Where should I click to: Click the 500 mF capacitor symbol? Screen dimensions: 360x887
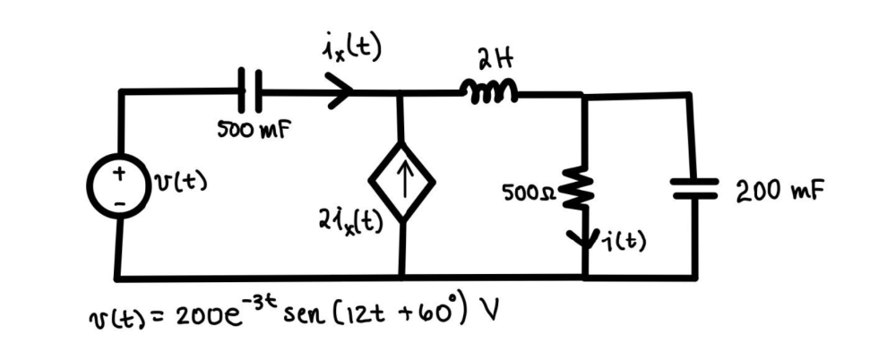250,90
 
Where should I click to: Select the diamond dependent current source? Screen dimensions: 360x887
400,184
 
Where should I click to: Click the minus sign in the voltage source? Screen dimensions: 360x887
116,202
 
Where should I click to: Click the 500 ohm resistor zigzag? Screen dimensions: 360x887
583,192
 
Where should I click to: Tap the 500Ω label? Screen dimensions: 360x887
532,192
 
